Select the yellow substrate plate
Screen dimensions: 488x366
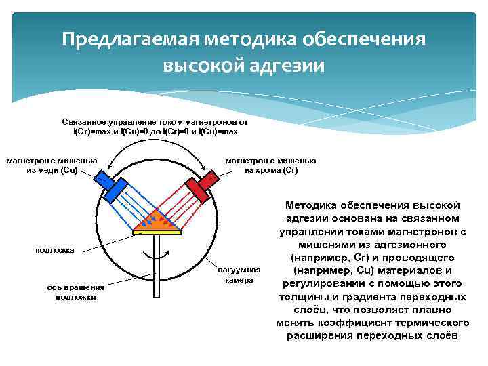(x=157, y=231)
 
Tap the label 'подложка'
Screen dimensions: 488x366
(x=54, y=251)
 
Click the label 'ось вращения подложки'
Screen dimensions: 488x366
(x=75, y=292)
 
